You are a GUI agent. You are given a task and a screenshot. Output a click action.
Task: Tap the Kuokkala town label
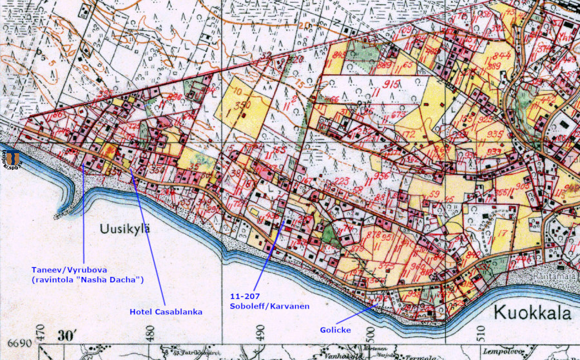click(532, 313)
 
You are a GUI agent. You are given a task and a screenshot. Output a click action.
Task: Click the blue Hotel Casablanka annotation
click(166, 312)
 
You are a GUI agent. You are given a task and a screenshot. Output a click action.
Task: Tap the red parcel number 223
click(342, 180)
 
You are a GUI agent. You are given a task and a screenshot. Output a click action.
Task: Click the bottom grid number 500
click(371, 336)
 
